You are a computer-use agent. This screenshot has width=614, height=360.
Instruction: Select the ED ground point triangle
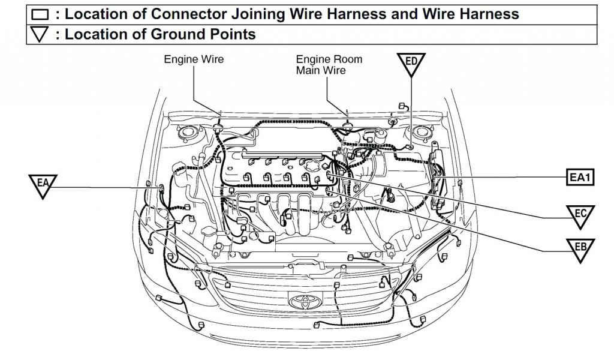click(x=411, y=63)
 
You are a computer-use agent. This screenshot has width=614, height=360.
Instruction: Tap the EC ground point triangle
click(x=580, y=216)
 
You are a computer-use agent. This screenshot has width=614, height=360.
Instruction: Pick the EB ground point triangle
click(x=580, y=249)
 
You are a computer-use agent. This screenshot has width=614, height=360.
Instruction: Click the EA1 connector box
click(x=580, y=178)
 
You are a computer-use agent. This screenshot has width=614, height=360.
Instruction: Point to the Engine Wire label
click(x=194, y=59)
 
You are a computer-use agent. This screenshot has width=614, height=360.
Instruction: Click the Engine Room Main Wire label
click(x=329, y=65)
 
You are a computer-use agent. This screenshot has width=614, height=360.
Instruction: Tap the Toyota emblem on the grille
click(x=298, y=299)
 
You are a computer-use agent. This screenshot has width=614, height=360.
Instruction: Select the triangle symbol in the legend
click(x=40, y=35)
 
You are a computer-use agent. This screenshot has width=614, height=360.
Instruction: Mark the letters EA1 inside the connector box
click(x=580, y=178)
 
